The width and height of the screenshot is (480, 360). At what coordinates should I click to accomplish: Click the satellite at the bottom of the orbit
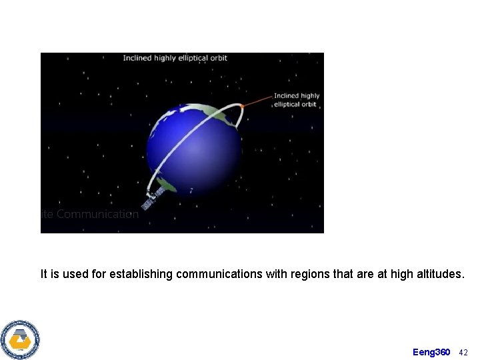(x=153, y=198)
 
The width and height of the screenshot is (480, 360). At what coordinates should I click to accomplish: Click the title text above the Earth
(x=175, y=58)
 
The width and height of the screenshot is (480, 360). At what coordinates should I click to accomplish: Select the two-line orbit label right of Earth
(x=296, y=100)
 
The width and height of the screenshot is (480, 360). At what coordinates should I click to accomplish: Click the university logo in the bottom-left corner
(x=20, y=340)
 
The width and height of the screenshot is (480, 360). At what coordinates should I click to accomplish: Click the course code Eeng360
(x=431, y=352)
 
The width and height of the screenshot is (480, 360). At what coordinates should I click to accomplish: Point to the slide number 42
(x=464, y=352)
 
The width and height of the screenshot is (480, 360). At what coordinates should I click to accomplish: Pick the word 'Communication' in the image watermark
(x=97, y=215)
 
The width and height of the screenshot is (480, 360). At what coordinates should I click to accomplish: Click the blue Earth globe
(x=193, y=147)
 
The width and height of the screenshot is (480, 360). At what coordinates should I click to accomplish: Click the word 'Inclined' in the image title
(x=137, y=58)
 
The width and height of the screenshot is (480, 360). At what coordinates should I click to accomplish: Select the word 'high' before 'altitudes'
(x=402, y=274)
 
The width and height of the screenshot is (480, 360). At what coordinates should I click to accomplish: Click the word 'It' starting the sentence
(x=44, y=274)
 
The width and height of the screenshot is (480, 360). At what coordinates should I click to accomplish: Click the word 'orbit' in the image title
(x=217, y=58)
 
